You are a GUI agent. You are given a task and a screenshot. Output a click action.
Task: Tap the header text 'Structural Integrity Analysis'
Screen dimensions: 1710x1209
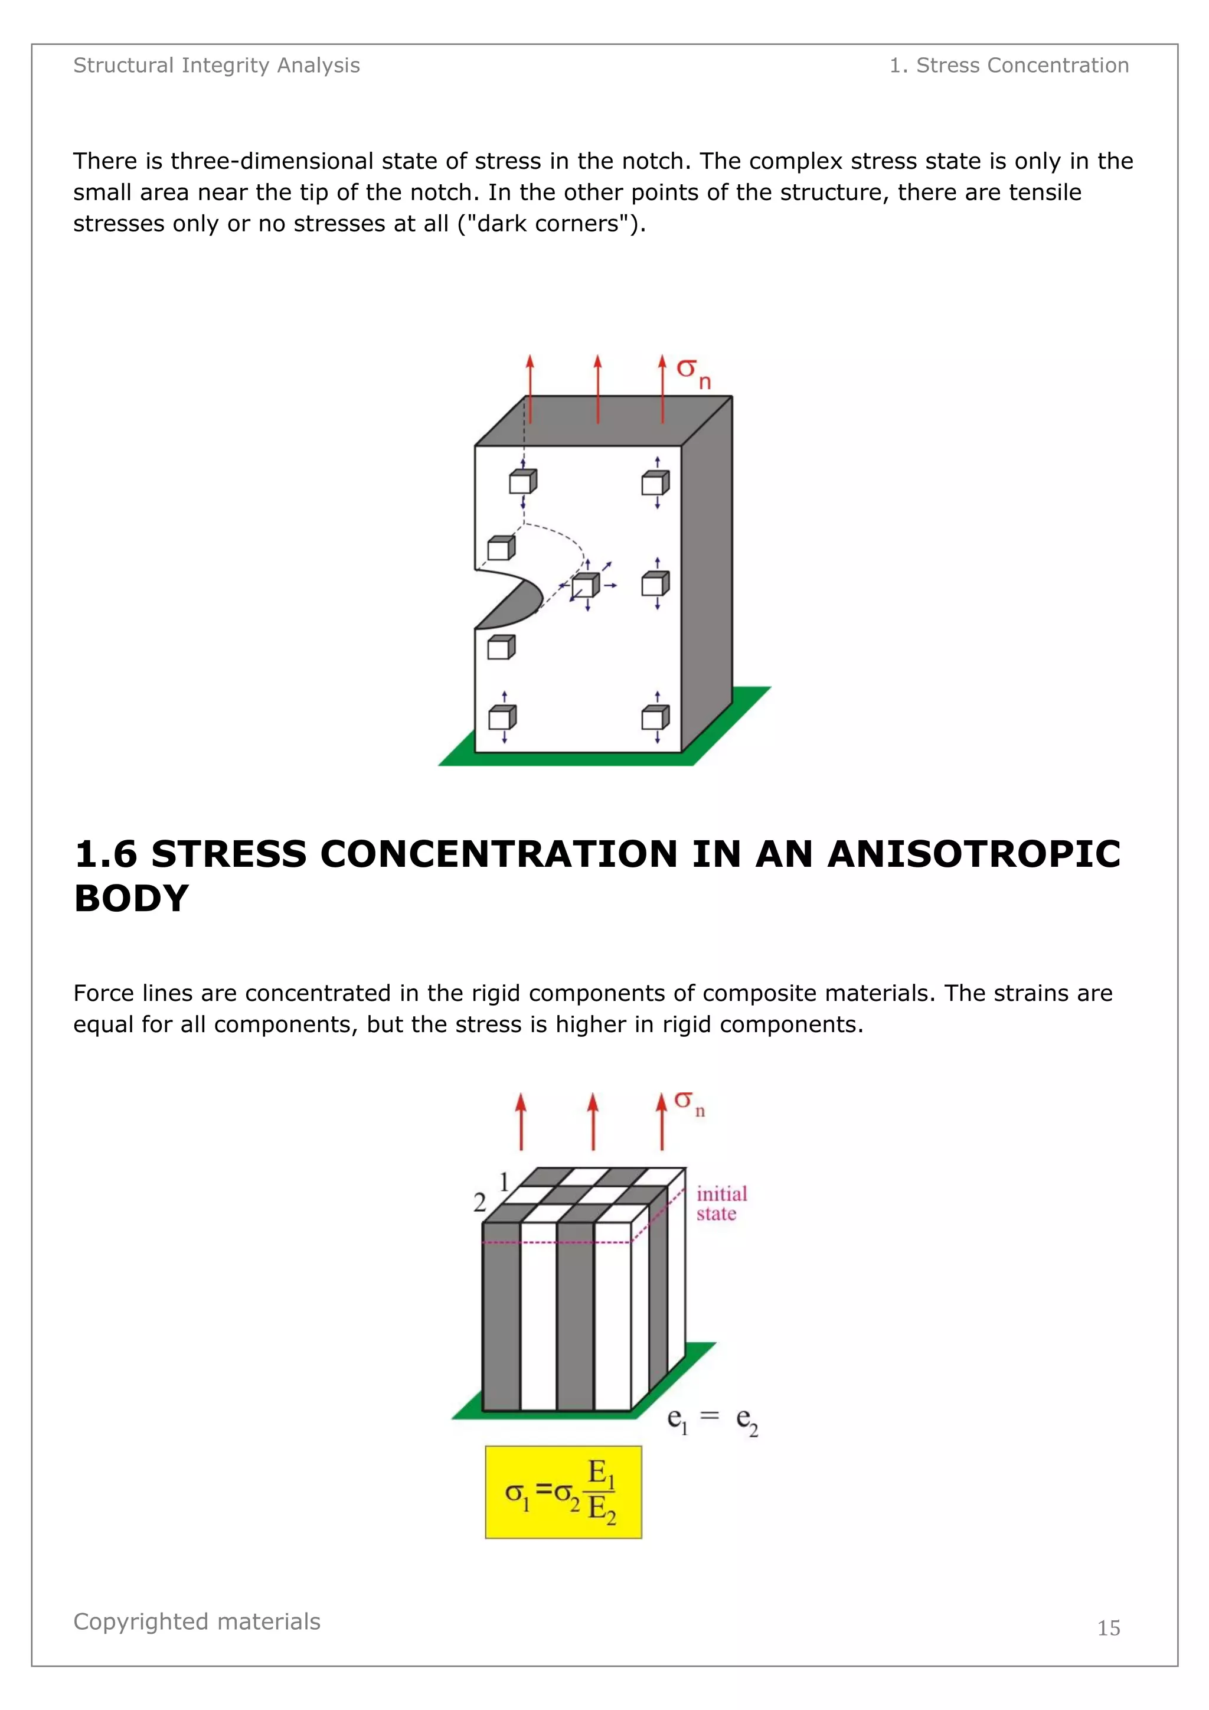[x=216, y=66]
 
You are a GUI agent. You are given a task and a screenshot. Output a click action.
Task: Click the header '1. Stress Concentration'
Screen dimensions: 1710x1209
[x=1009, y=66]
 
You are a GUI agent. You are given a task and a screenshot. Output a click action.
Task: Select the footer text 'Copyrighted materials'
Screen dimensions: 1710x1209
[x=197, y=1621]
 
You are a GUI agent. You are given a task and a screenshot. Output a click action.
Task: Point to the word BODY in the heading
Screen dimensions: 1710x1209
[x=131, y=898]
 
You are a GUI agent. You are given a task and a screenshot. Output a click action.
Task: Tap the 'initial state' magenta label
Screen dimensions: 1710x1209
[x=721, y=1203]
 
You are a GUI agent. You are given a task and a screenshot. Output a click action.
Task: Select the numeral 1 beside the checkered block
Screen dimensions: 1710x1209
[x=504, y=1182]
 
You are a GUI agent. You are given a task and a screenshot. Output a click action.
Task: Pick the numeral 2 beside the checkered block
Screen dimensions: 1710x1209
[x=480, y=1202]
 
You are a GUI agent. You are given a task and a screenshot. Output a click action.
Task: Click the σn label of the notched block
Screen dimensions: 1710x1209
[x=693, y=371]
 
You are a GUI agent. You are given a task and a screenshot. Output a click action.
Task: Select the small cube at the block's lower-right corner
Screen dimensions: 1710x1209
[x=654, y=718]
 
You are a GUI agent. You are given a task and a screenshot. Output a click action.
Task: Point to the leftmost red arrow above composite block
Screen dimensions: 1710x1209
[x=521, y=1122]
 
